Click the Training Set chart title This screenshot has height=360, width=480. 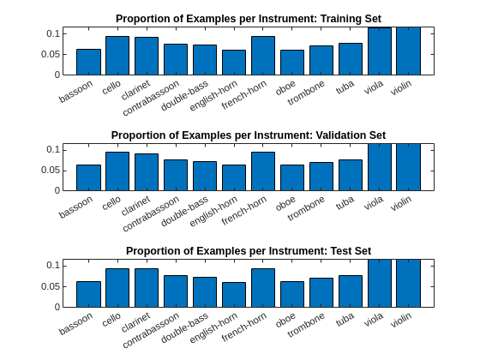[x=248, y=19]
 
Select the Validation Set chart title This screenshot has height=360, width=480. [x=248, y=135]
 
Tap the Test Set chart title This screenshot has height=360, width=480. [x=248, y=251]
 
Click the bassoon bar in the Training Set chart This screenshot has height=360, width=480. [x=88, y=62]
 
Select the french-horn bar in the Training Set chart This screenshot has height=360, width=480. [x=263, y=56]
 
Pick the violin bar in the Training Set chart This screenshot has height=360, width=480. [x=409, y=51]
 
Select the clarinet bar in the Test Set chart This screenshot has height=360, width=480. [x=147, y=288]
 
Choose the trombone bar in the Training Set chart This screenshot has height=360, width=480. [x=321, y=60]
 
